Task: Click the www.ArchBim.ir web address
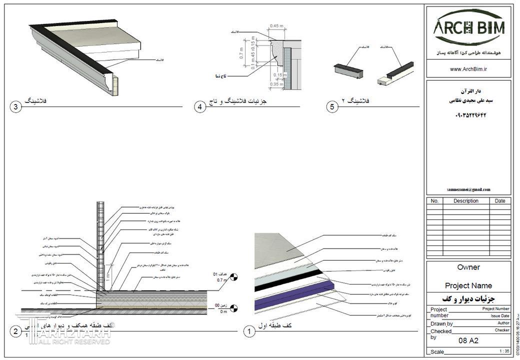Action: [x=468, y=69]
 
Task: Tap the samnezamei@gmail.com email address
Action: [x=468, y=189]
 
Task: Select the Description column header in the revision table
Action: [x=465, y=201]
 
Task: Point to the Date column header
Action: [x=500, y=201]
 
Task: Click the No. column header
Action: [x=434, y=201]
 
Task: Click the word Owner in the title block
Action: [x=468, y=267]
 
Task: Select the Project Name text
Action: [x=468, y=285]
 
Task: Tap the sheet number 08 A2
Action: [x=468, y=341]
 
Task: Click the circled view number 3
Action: [x=16, y=107]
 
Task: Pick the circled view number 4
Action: [x=200, y=107]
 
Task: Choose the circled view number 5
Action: [x=332, y=107]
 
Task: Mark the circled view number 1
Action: [x=248, y=331]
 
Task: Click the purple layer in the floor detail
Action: [x=295, y=295]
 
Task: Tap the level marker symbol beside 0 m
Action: [x=235, y=308]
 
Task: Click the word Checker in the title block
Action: [x=502, y=330]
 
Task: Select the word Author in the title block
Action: [x=503, y=323]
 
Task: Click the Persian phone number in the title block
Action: [x=468, y=115]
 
